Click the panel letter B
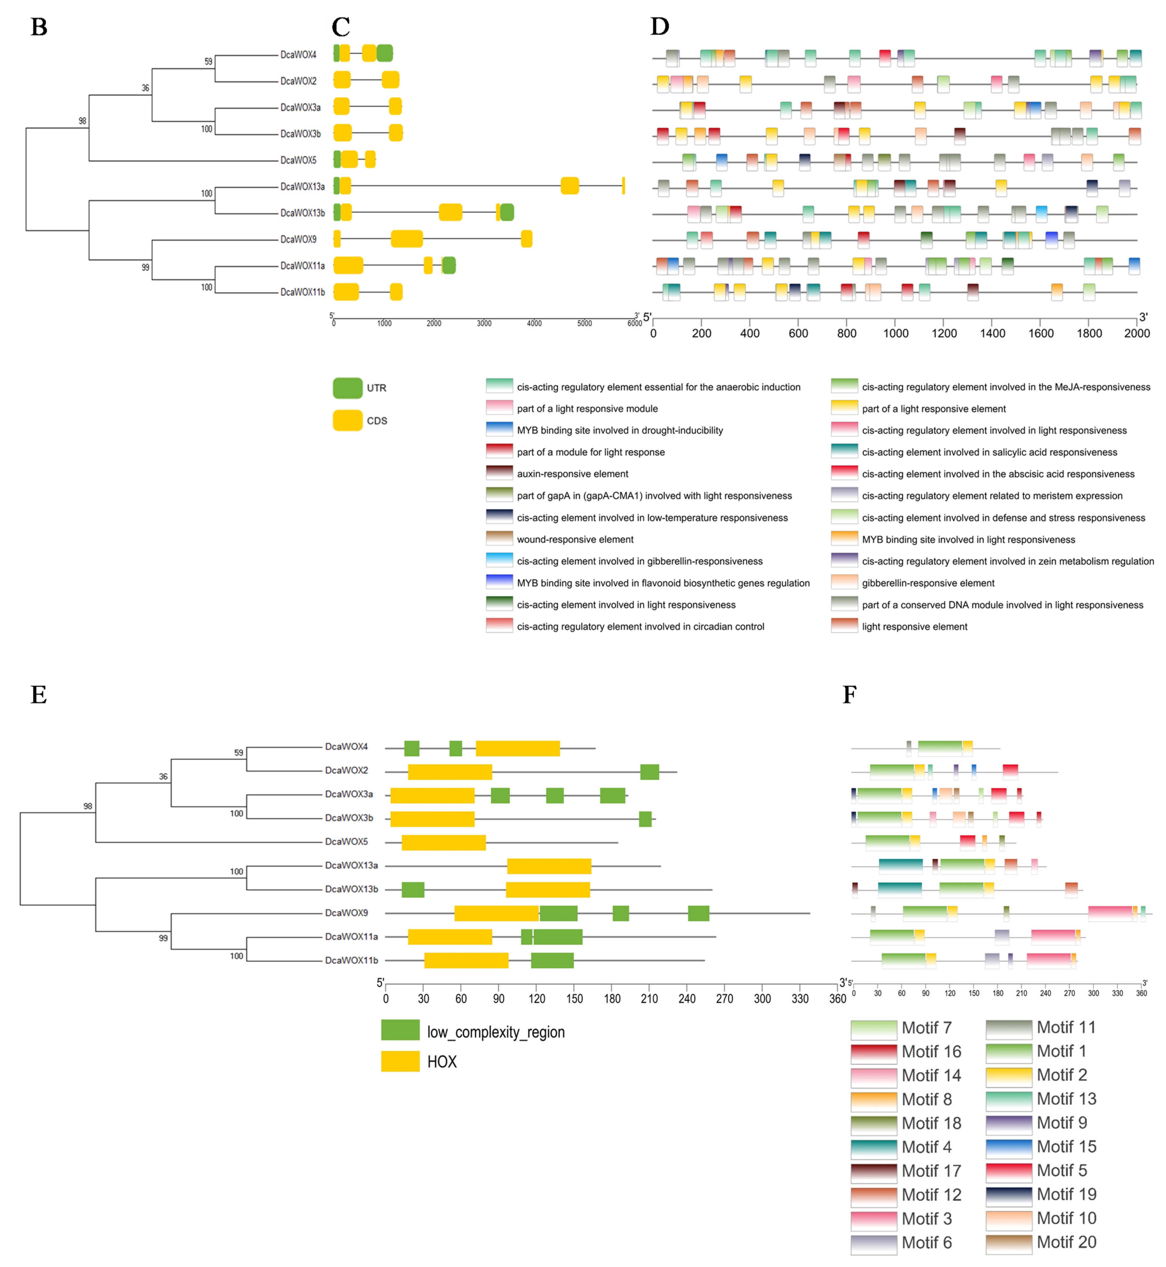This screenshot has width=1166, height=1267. coord(39,27)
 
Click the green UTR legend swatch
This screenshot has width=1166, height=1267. coord(347,388)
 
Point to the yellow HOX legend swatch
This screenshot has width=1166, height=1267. coord(400,1061)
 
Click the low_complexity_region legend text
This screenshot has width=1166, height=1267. coord(496,1032)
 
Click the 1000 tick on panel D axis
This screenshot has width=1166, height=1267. coord(895,333)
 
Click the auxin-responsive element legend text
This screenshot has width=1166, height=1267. coord(572,474)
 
